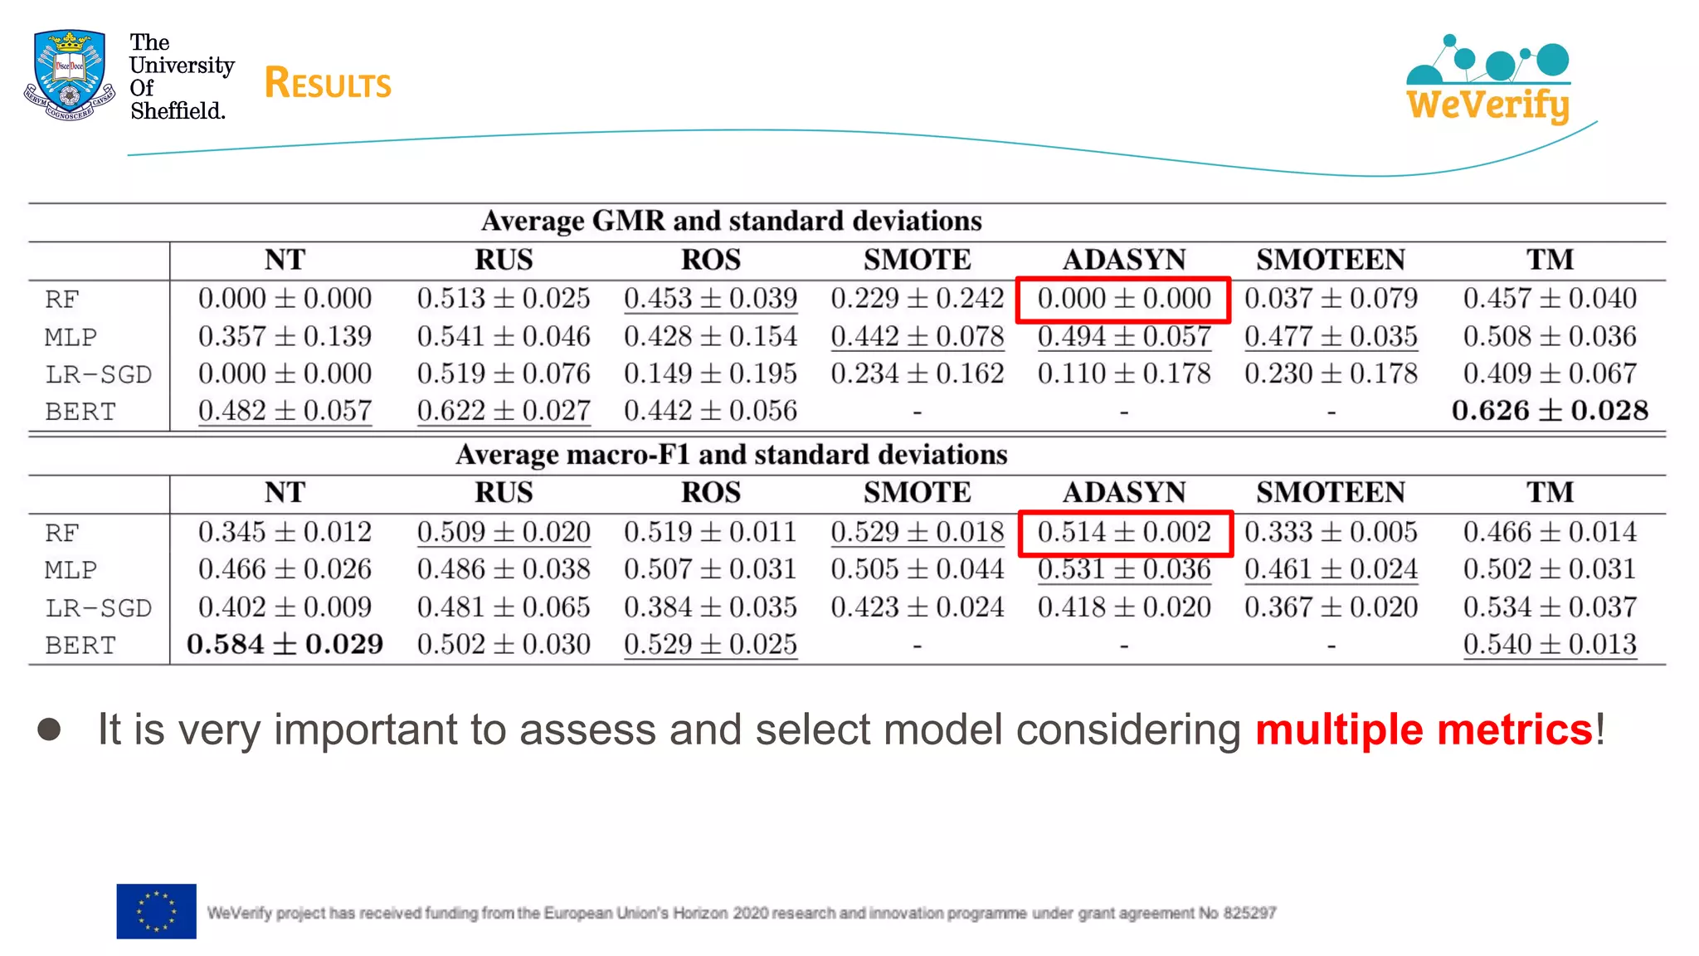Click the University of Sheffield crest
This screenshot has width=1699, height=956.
[70, 76]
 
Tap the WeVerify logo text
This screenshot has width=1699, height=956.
[1487, 105]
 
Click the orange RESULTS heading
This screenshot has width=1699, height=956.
[328, 84]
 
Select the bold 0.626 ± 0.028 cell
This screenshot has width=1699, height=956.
[1550, 411]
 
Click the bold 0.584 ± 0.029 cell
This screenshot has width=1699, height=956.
[285, 645]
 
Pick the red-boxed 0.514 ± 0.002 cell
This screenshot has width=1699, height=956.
[1124, 532]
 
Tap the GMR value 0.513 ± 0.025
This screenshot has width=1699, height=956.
[504, 299]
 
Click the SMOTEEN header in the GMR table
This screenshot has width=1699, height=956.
[1330, 260]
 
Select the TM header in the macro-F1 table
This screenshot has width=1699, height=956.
[1550, 493]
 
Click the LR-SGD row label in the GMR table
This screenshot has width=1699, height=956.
[98, 374]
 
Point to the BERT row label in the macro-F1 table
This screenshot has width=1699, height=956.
[80, 645]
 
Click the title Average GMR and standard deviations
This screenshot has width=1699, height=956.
[731, 221]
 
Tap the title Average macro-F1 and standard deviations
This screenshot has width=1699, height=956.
[731, 455]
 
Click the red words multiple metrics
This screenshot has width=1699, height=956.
[1424, 730]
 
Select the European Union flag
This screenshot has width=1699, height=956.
[156, 911]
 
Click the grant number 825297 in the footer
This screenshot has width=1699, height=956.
[1249, 913]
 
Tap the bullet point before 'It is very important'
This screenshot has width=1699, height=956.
[50, 729]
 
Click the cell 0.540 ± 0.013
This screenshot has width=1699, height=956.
[1550, 645]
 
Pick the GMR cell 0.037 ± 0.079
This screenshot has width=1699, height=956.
[1331, 299]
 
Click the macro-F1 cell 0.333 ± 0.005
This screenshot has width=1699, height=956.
[1331, 532]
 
